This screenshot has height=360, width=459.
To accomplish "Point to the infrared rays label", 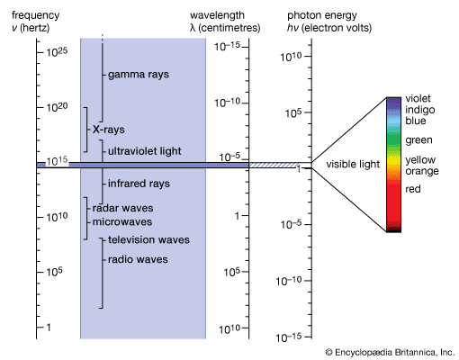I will [x=139, y=184].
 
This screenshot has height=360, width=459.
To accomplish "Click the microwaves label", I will [x=122, y=221].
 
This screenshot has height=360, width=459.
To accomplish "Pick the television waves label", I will [x=148, y=240].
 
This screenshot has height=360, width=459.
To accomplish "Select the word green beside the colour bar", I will [x=418, y=140].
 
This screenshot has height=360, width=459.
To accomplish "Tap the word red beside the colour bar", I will [x=413, y=189].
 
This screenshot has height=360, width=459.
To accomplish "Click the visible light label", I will [x=353, y=166].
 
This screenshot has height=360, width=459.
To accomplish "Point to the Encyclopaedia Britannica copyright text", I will [x=391, y=352].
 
